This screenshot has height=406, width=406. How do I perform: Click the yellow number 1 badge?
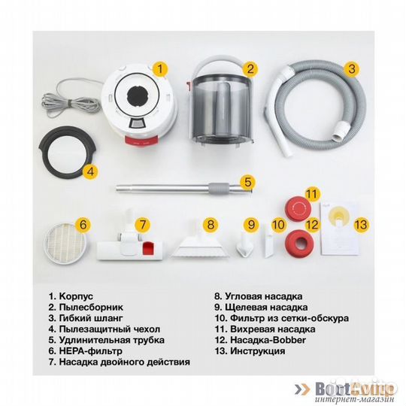[159, 68]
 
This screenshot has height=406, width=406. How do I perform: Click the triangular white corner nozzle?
[192, 244]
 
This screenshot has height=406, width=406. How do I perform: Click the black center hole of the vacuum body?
[140, 97]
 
